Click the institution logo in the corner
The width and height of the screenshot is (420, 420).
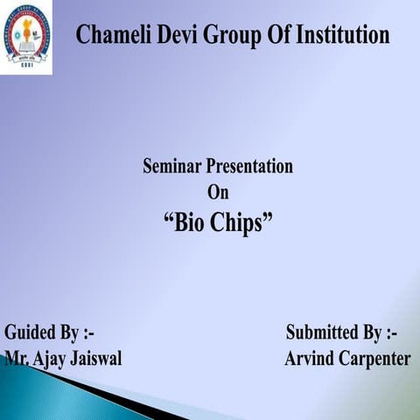pos(25,37)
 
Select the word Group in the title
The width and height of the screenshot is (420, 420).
pos(229,37)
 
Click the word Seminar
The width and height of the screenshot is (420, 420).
pos(173,166)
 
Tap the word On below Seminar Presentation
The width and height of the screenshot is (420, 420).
pos(218,192)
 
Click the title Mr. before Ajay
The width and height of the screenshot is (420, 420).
pos(15,359)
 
